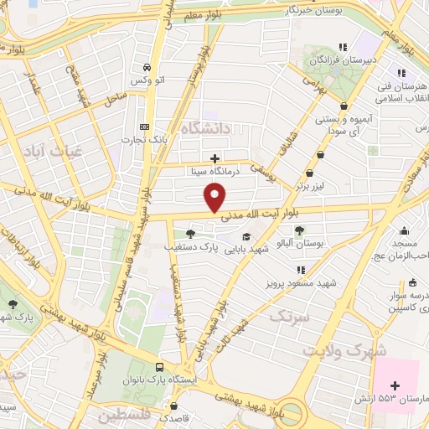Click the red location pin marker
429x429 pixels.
[x=215, y=198]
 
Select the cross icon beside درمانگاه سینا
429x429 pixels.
[x=215, y=158]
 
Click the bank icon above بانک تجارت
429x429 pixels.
[x=145, y=127]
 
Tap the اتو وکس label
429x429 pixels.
[x=147, y=80]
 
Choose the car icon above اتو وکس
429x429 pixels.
[x=147, y=67]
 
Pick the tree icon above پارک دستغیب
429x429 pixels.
[x=191, y=234]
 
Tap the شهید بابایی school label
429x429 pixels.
[x=244, y=250]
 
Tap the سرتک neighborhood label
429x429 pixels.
[x=292, y=317]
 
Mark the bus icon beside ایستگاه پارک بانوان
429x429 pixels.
[x=159, y=366]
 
